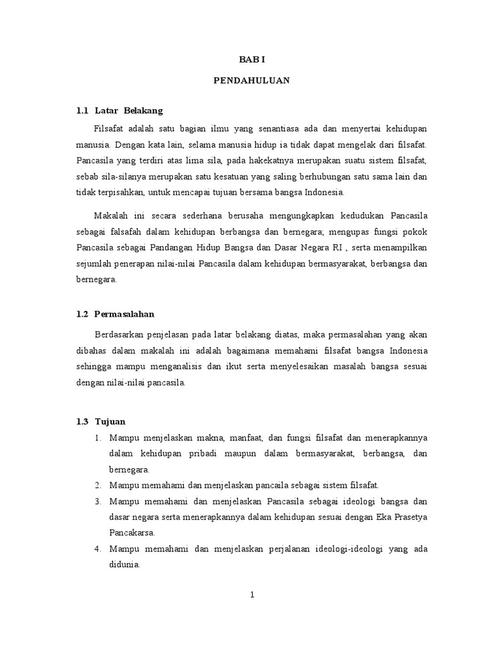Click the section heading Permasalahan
point(124,314)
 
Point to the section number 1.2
point(81,314)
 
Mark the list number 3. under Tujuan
point(99,502)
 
